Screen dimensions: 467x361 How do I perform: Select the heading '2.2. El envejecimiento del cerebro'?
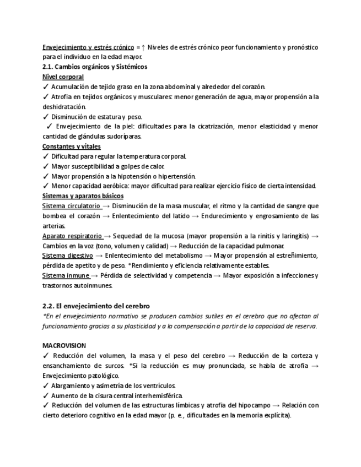click(96, 306)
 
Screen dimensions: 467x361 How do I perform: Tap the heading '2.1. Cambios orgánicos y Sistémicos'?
click(94, 67)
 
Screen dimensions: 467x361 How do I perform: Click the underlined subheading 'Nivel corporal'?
click(63, 77)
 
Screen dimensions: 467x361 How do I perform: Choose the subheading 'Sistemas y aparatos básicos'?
click(83, 196)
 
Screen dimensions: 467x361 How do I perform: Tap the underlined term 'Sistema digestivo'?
click(67, 256)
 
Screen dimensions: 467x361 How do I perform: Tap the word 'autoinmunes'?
click(93, 285)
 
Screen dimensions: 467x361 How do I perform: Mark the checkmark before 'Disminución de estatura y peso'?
click(45, 116)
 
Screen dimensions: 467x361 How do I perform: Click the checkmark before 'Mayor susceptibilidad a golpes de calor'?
click(45, 166)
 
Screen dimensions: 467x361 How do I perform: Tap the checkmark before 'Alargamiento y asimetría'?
click(45, 385)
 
